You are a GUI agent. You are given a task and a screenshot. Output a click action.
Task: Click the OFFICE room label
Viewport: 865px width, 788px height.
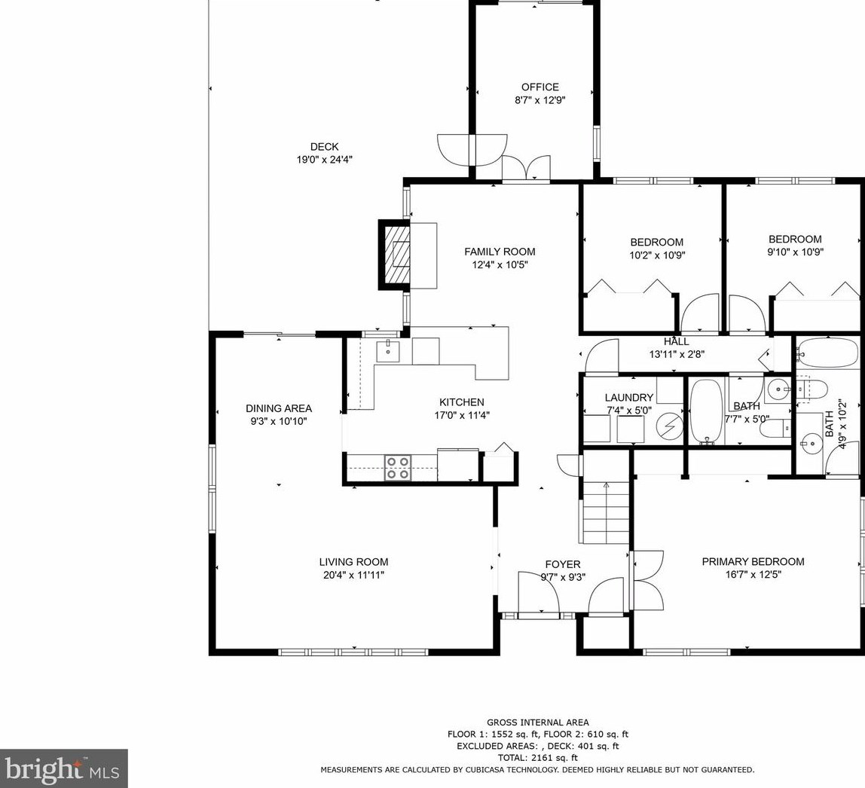click(x=540, y=87)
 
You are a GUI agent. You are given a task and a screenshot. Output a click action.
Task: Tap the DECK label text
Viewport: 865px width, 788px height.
click(x=324, y=147)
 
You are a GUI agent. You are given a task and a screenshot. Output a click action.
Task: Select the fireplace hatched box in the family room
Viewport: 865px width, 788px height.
click(x=396, y=254)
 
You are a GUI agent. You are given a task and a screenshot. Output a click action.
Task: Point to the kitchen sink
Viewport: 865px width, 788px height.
click(x=388, y=351)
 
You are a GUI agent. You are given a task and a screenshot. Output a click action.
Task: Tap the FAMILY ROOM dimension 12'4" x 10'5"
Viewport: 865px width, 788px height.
click(x=500, y=264)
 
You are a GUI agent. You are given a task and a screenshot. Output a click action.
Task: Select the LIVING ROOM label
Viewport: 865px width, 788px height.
click(x=353, y=562)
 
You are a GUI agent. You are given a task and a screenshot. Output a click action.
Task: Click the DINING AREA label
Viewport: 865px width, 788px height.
click(x=279, y=408)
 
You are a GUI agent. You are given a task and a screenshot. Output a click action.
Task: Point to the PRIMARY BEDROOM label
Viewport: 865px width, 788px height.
click(x=753, y=561)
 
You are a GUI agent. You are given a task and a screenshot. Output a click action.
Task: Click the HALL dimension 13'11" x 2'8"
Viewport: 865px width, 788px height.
click(x=677, y=355)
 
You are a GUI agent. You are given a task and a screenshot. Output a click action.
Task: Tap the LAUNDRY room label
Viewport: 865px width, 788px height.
click(x=629, y=398)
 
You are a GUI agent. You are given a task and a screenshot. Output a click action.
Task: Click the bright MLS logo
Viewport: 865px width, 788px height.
click(x=64, y=768)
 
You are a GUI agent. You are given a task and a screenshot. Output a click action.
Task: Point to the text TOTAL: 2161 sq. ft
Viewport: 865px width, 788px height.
click(x=537, y=758)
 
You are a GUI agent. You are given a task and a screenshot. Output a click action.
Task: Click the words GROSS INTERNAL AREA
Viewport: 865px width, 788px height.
click(x=537, y=722)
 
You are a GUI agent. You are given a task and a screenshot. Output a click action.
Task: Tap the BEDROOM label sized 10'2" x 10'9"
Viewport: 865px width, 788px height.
click(x=656, y=242)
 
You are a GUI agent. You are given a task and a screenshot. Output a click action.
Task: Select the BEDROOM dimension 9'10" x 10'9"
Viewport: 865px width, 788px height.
click(x=795, y=252)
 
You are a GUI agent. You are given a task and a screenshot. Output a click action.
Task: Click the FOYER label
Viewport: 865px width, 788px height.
click(x=563, y=564)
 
